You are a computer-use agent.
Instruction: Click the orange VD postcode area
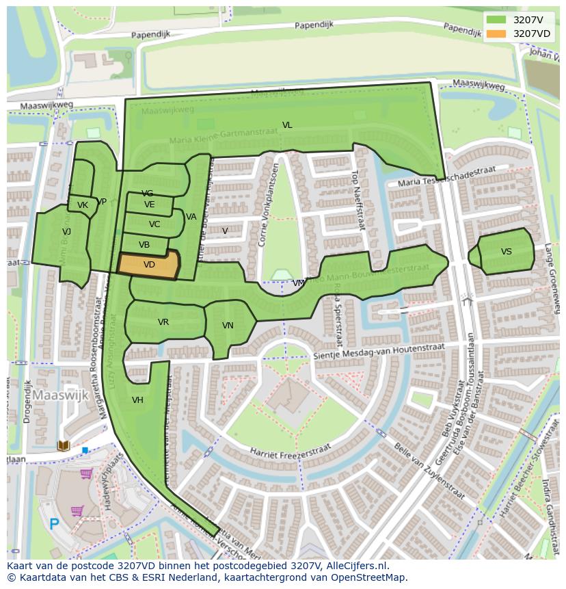tap(149, 265)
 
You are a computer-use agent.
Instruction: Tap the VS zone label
tap(506, 252)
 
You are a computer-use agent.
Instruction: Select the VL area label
tap(287, 125)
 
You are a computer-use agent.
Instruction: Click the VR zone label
tap(163, 322)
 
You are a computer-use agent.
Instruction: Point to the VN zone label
tap(228, 326)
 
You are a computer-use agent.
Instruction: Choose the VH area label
tap(137, 400)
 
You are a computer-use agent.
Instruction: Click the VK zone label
tap(83, 205)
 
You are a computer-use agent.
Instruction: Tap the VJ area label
tap(66, 232)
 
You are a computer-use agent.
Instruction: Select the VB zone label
tap(144, 245)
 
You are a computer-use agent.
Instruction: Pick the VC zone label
tap(154, 224)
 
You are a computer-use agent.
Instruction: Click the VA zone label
tap(191, 217)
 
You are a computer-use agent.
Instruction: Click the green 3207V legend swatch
tap(497, 20)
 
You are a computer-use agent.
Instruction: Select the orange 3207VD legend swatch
tap(497, 34)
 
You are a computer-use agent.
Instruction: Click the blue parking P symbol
tap(54, 525)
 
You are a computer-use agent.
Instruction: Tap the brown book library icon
tap(64, 446)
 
